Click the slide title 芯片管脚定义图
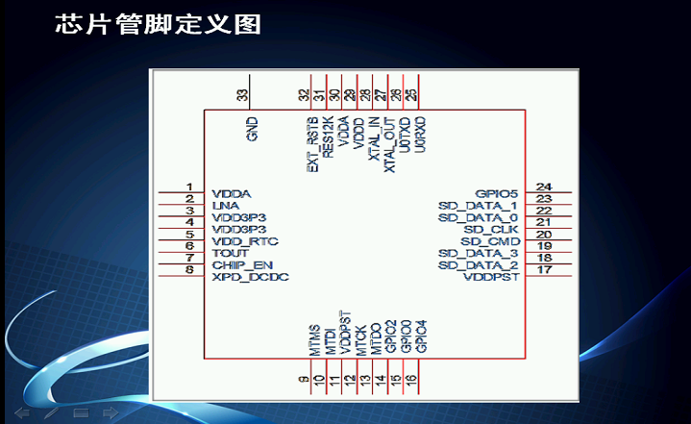tap(158, 24)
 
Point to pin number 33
tap(242, 94)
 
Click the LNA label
tap(225, 205)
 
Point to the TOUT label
tap(230, 253)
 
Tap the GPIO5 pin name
tap(496, 193)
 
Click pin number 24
tap(544, 187)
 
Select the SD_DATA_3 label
tap(478, 253)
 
